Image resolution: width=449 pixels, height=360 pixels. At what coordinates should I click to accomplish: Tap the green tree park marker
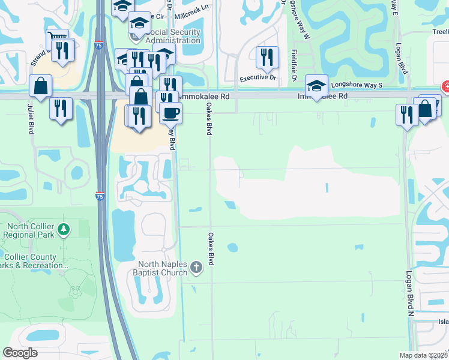tap(64, 229)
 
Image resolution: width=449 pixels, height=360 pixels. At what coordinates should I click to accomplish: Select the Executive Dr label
tap(258, 78)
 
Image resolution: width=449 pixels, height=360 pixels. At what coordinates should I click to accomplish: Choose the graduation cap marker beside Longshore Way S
tap(316, 85)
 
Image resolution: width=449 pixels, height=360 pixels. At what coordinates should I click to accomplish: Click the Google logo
tap(20, 353)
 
